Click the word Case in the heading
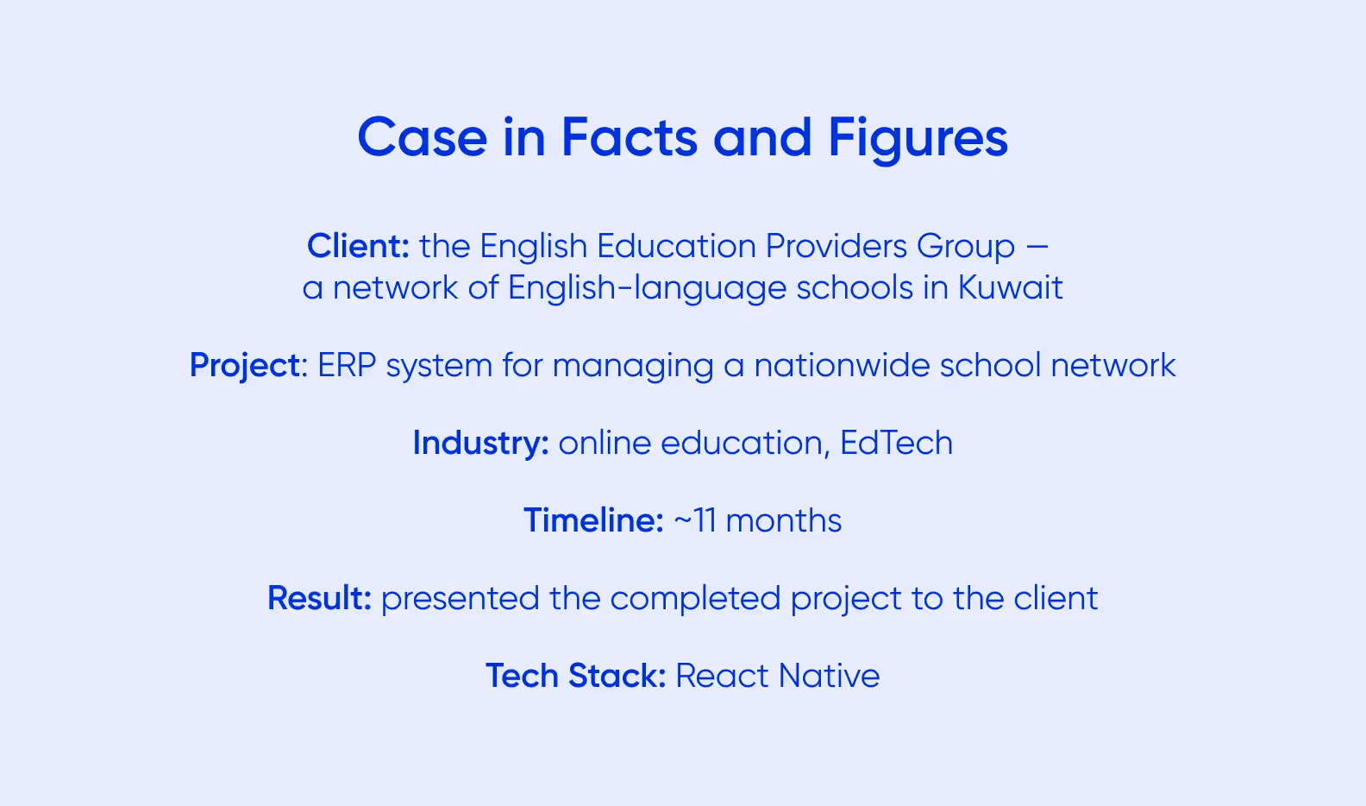[x=423, y=138]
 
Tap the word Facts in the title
[x=630, y=138]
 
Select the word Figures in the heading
[x=918, y=138]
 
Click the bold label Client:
[x=358, y=247]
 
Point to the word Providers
[x=836, y=247]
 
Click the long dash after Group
[x=1037, y=248]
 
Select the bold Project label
[x=245, y=366]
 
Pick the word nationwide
[x=842, y=366]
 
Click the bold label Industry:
[x=480, y=444]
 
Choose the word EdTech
[x=896, y=444]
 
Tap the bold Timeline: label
[x=593, y=521]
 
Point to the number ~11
[x=694, y=521]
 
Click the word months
[x=783, y=521]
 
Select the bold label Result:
[x=319, y=599]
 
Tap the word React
[x=722, y=677]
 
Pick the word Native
[x=829, y=677]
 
